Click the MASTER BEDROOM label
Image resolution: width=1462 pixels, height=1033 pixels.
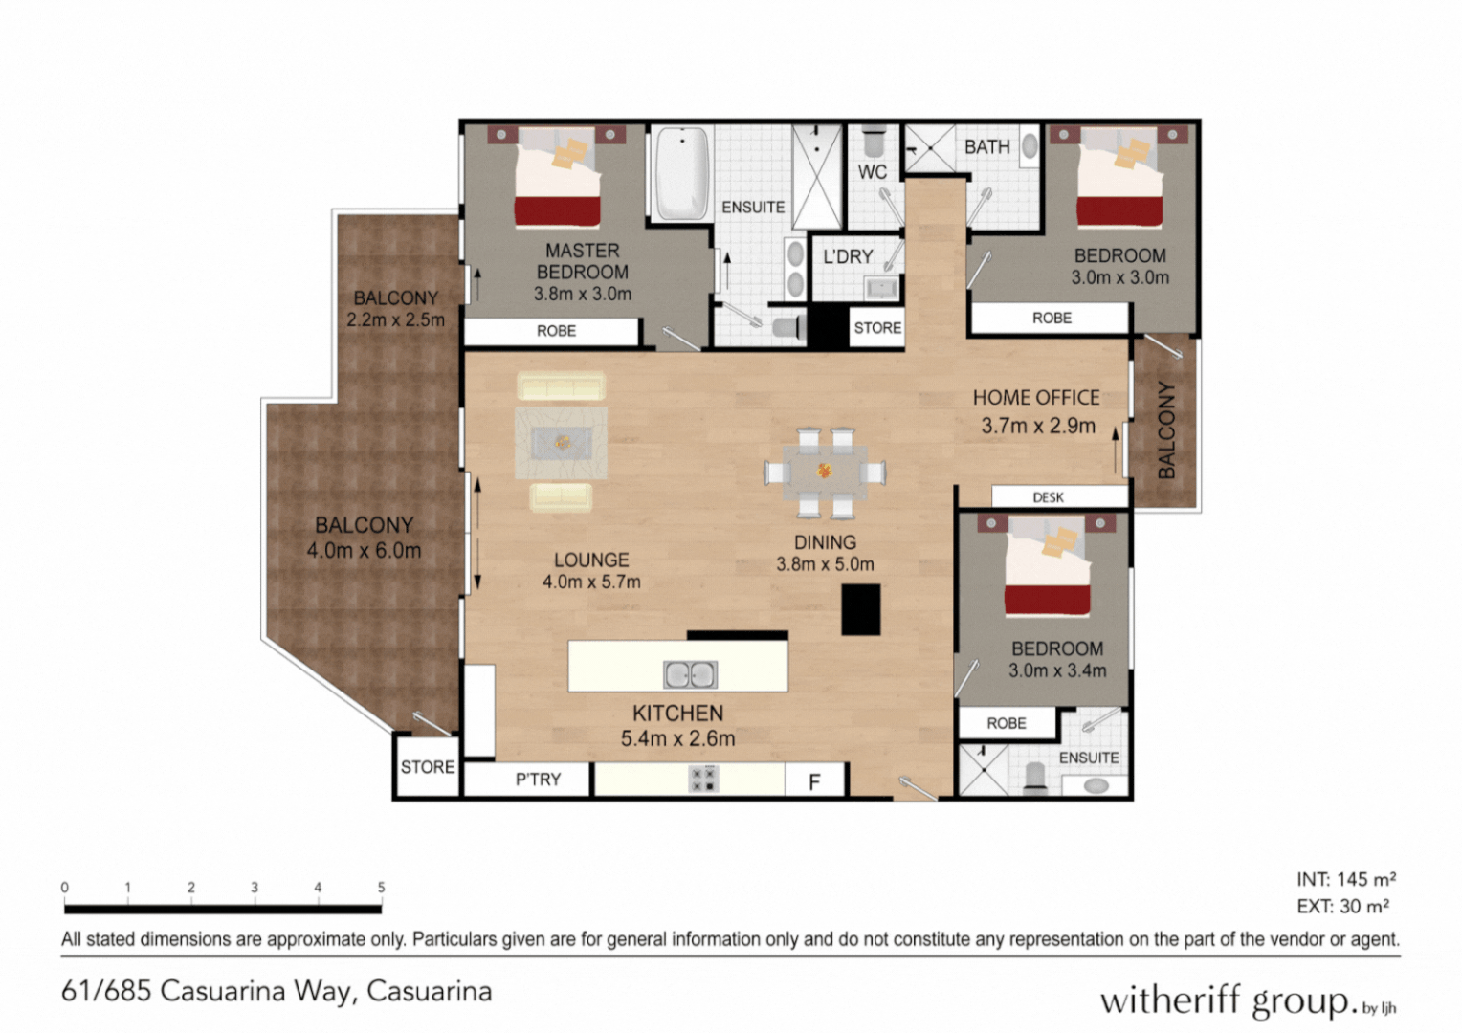[x=582, y=261]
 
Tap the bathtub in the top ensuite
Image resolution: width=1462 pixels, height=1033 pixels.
[x=681, y=173]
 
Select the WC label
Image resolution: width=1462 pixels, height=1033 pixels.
[x=872, y=172]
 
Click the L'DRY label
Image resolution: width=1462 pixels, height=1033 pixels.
[x=848, y=256]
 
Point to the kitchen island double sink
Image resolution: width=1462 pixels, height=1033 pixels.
[x=690, y=674]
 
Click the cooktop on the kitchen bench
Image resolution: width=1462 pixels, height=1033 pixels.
[x=704, y=780]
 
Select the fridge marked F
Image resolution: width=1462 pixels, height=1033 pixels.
[x=814, y=781]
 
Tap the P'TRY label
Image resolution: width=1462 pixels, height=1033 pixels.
[x=538, y=780]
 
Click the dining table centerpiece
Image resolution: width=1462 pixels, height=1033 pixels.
[x=824, y=471]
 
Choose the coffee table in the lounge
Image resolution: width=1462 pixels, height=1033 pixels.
[x=562, y=442]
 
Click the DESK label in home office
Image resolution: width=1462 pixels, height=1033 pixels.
[x=1048, y=497]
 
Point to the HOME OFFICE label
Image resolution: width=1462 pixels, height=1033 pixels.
[x=1036, y=397]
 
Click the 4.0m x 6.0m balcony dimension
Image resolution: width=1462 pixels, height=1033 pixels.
[x=364, y=551]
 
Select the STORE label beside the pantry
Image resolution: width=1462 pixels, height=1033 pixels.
[x=428, y=767]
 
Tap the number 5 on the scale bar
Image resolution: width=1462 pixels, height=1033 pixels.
[x=381, y=888]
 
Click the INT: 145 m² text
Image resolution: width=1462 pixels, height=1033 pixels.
[x=1345, y=879]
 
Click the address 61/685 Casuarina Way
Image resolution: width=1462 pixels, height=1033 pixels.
[x=277, y=991]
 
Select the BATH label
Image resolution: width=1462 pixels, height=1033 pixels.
[x=986, y=146]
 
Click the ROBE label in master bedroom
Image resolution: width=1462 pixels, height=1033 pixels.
[x=556, y=331]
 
